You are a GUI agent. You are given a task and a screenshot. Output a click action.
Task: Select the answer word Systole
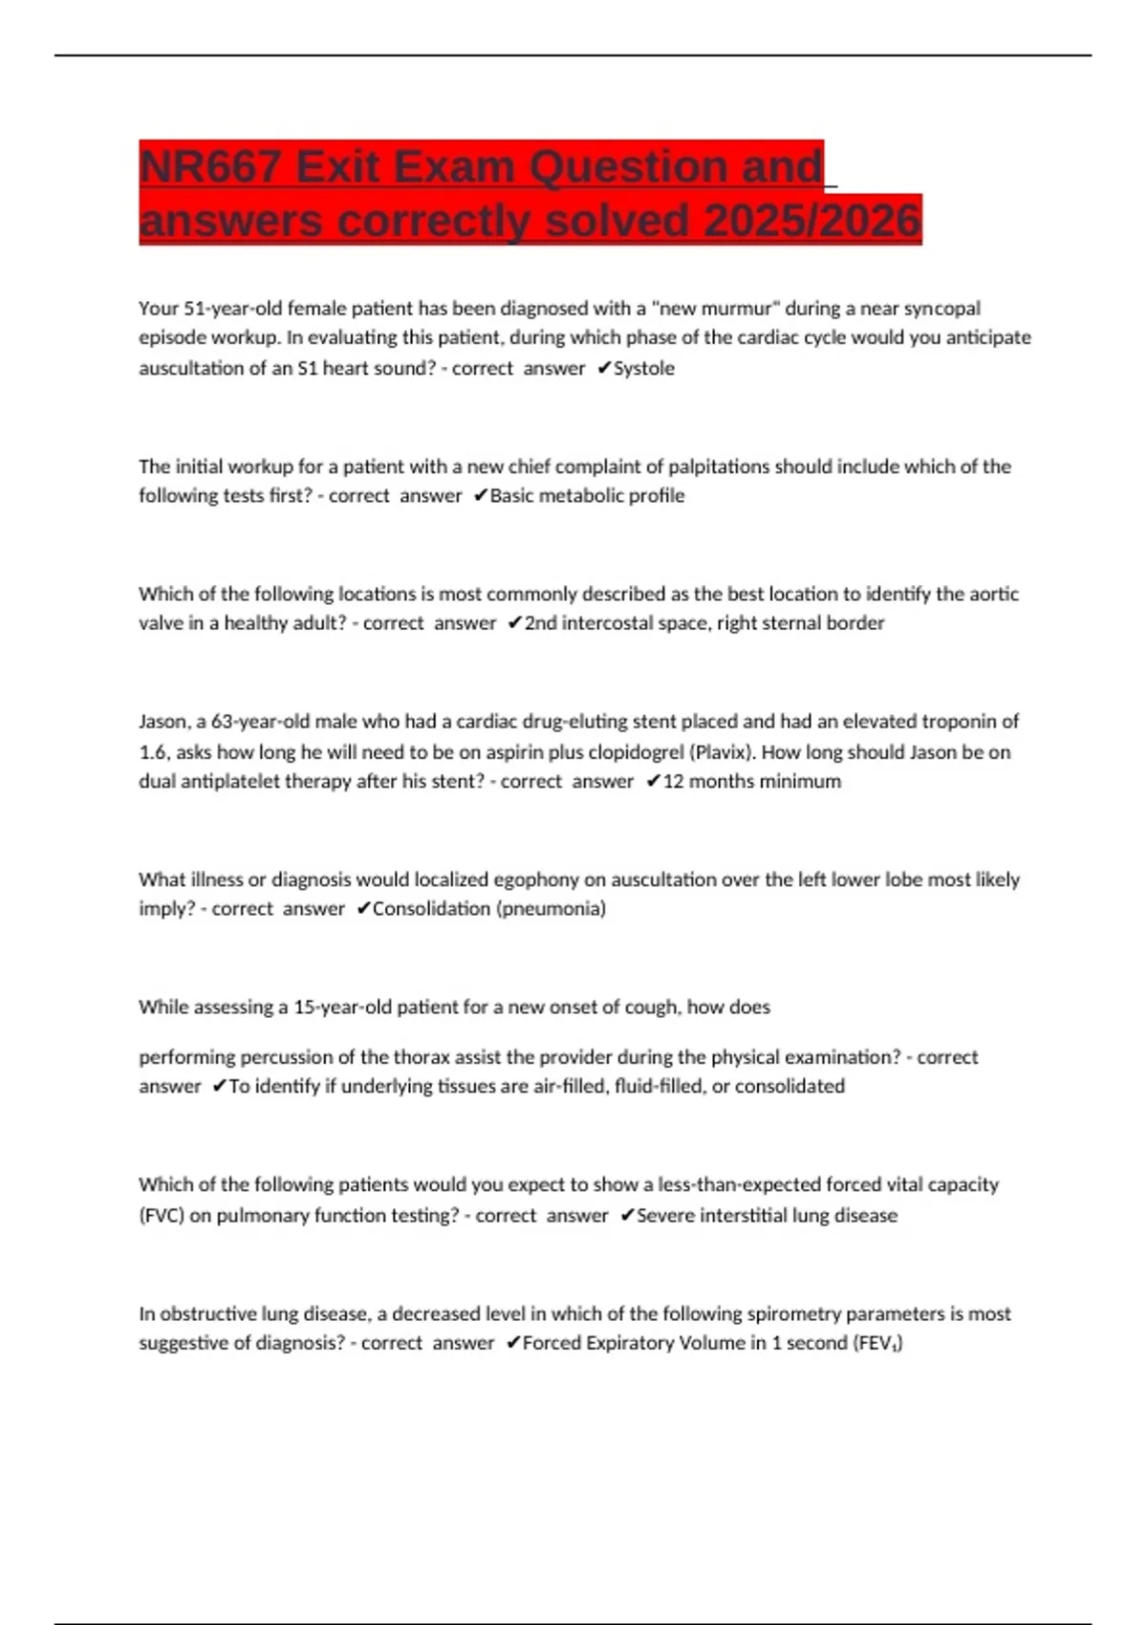644,368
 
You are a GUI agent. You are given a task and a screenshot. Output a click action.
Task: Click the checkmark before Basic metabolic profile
480,495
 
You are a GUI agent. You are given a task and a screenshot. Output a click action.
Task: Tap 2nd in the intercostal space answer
540,623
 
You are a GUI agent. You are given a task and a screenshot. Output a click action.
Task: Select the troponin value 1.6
153,752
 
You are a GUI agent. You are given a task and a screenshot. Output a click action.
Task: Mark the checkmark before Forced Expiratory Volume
512,1343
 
